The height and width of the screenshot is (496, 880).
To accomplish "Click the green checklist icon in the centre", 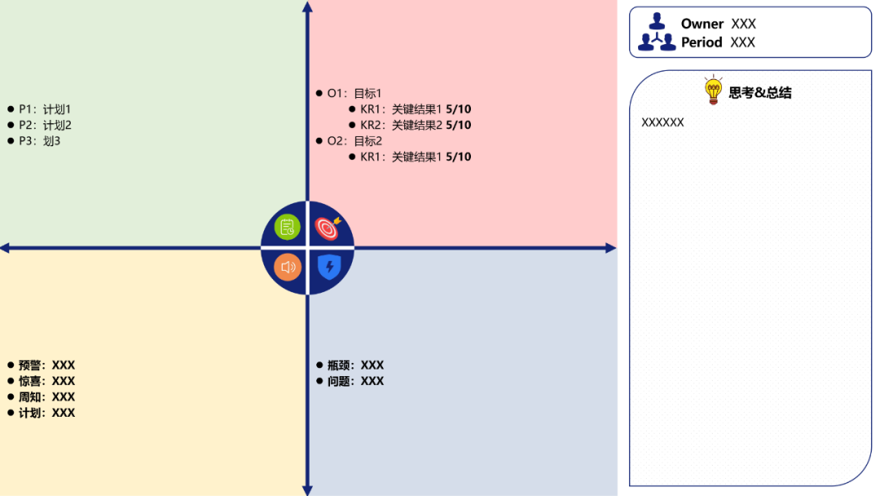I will pyautogui.click(x=287, y=228).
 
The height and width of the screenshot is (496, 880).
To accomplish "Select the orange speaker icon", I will pyautogui.click(x=287, y=267).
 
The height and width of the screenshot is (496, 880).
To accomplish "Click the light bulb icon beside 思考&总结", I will pyautogui.click(x=713, y=91).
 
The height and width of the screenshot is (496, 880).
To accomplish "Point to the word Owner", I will pyautogui.click(x=702, y=24).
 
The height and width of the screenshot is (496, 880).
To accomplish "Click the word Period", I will pyautogui.click(x=702, y=42).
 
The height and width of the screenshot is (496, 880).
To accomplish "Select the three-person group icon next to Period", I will pyautogui.click(x=657, y=42).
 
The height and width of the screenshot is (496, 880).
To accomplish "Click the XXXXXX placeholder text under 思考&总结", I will pyautogui.click(x=662, y=122).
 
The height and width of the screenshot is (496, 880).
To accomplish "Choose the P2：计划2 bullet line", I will pyautogui.click(x=45, y=125).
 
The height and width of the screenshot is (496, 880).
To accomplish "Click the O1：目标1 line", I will pyautogui.click(x=354, y=93).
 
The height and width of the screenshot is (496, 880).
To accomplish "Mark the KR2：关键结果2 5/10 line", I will pyautogui.click(x=416, y=125).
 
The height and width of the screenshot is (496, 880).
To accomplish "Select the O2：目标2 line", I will pyautogui.click(x=354, y=140).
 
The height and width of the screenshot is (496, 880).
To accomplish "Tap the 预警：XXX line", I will pyautogui.click(x=46, y=365).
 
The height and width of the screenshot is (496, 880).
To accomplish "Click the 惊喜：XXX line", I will pyautogui.click(x=46, y=381).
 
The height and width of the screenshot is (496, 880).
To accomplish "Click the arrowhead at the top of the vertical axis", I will pyautogui.click(x=307, y=7).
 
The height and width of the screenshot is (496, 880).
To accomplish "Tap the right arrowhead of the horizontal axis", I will pyautogui.click(x=610, y=248).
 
